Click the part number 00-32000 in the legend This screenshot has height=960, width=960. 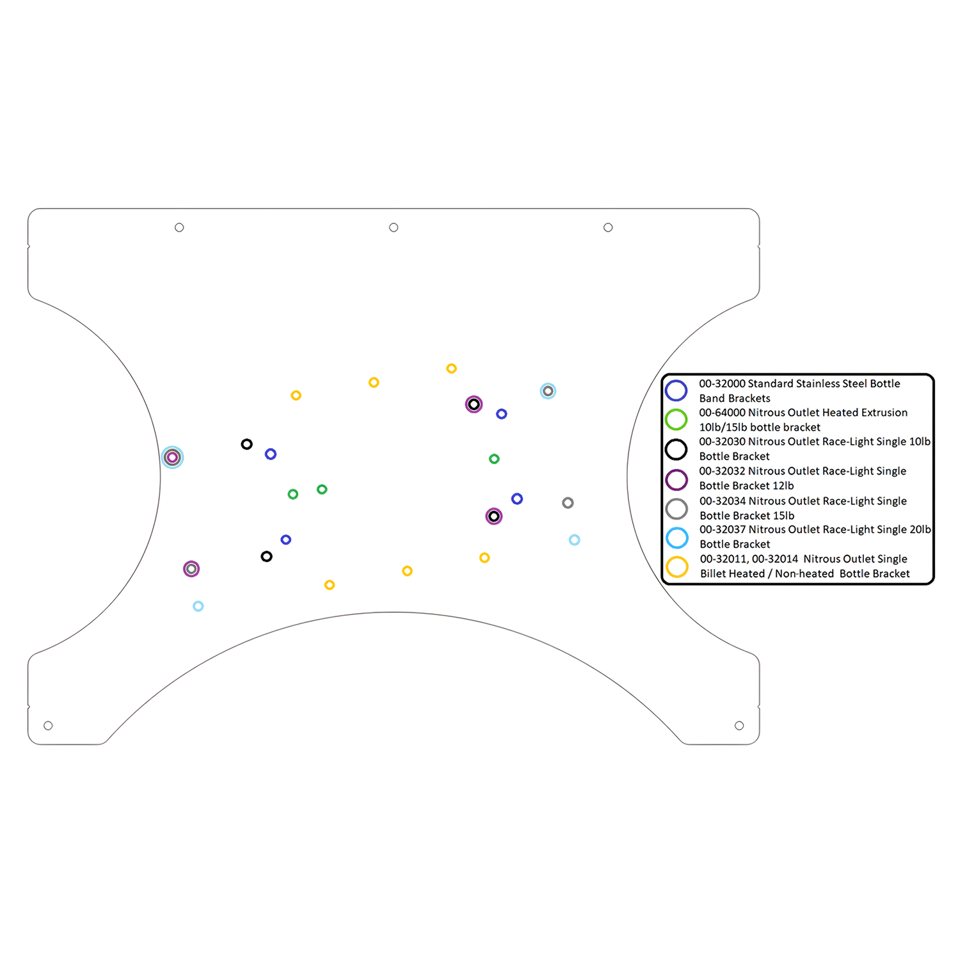point(722,384)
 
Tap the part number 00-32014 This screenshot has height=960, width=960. point(775,559)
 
